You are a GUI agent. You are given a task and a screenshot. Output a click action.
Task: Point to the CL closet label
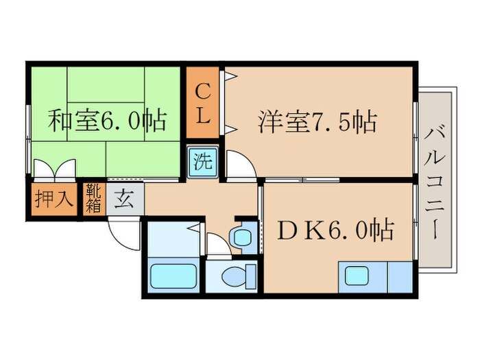pos(202,103)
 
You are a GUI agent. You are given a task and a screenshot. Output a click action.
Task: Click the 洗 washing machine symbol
pos(203,163)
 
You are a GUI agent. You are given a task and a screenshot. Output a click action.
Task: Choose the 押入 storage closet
pos(52,199)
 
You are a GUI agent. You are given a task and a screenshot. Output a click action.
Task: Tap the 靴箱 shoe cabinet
pos(93,198)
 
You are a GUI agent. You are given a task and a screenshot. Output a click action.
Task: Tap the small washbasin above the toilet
pos(241,237)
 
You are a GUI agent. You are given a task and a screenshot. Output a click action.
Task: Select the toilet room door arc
pos(218,243)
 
